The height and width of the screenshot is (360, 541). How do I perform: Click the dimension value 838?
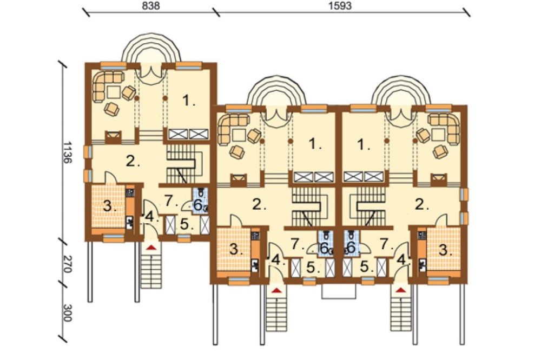click(x=151, y=6)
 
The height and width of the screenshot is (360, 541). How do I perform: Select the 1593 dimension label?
click(x=340, y=6)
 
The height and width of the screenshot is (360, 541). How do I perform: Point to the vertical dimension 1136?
click(x=68, y=152)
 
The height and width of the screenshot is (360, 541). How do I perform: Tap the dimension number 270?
click(x=68, y=264)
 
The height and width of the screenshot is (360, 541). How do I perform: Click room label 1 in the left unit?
click(x=188, y=101)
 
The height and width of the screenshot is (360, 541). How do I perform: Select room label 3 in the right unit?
click(x=445, y=250)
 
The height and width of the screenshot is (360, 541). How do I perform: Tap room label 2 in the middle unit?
click(x=259, y=205)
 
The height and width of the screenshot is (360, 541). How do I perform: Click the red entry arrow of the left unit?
click(x=151, y=247)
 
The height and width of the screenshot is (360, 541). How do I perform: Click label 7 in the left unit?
click(x=169, y=201)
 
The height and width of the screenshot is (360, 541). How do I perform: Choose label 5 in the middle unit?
click(x=312, y=267)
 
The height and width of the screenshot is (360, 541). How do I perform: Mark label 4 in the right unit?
click(x=401, y=259)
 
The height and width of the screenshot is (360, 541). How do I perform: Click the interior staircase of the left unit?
click(x=185, y=164)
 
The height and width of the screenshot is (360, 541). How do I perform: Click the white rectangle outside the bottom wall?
click(x=339, y=291)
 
